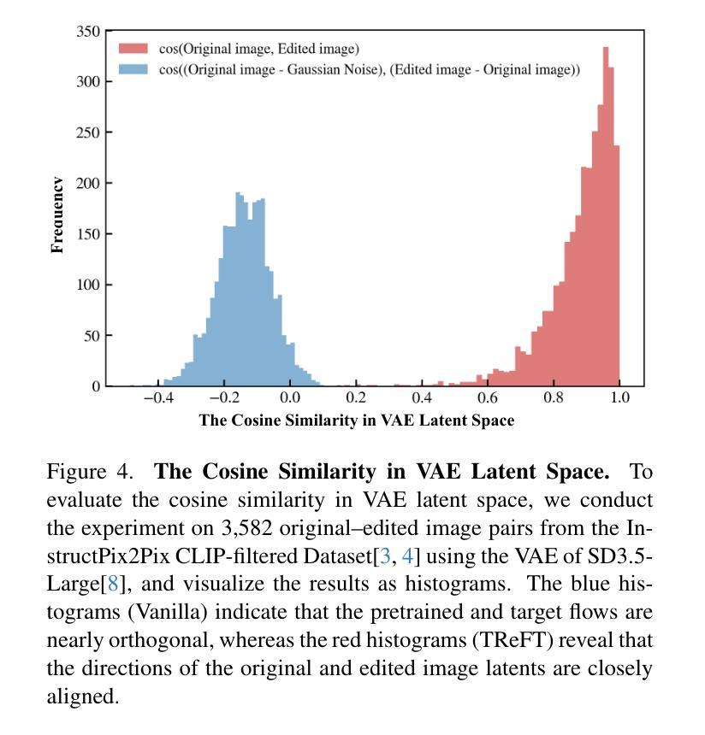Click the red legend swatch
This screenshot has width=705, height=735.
click(x=133, y=49)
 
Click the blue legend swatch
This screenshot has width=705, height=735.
click(x=133, y=69)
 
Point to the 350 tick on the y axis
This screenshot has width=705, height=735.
click(x=89, y=32)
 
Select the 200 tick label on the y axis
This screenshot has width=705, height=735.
click(x=89, y=184)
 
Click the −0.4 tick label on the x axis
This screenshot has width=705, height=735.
click(x=157, y=398)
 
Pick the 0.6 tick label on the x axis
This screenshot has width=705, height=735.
click(x=488, y=398)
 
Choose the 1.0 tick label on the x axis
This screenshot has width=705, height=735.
click(x=619, y=398)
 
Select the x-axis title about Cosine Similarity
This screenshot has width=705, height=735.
click(x=357, y=420)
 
